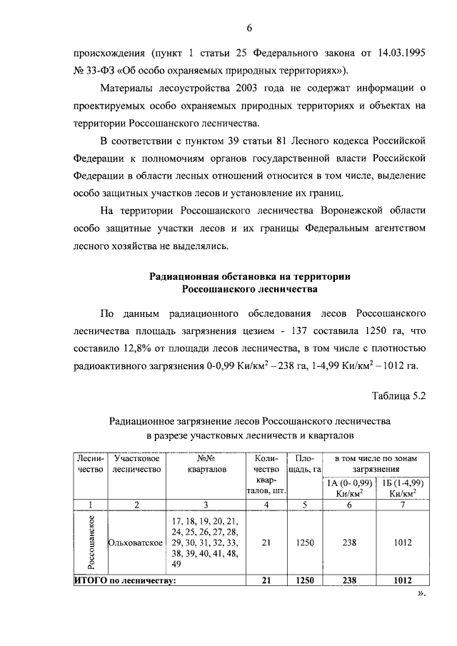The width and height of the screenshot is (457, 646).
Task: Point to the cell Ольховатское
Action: (x=136, y=542)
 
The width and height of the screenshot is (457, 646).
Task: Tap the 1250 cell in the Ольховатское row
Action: (x=306, y=542)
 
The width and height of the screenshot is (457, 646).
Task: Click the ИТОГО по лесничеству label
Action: (x=126, y=580)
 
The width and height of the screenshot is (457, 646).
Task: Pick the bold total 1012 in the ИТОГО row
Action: (x=402, y=580)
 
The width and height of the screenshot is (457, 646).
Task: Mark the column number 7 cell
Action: (x=402, y=505)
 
